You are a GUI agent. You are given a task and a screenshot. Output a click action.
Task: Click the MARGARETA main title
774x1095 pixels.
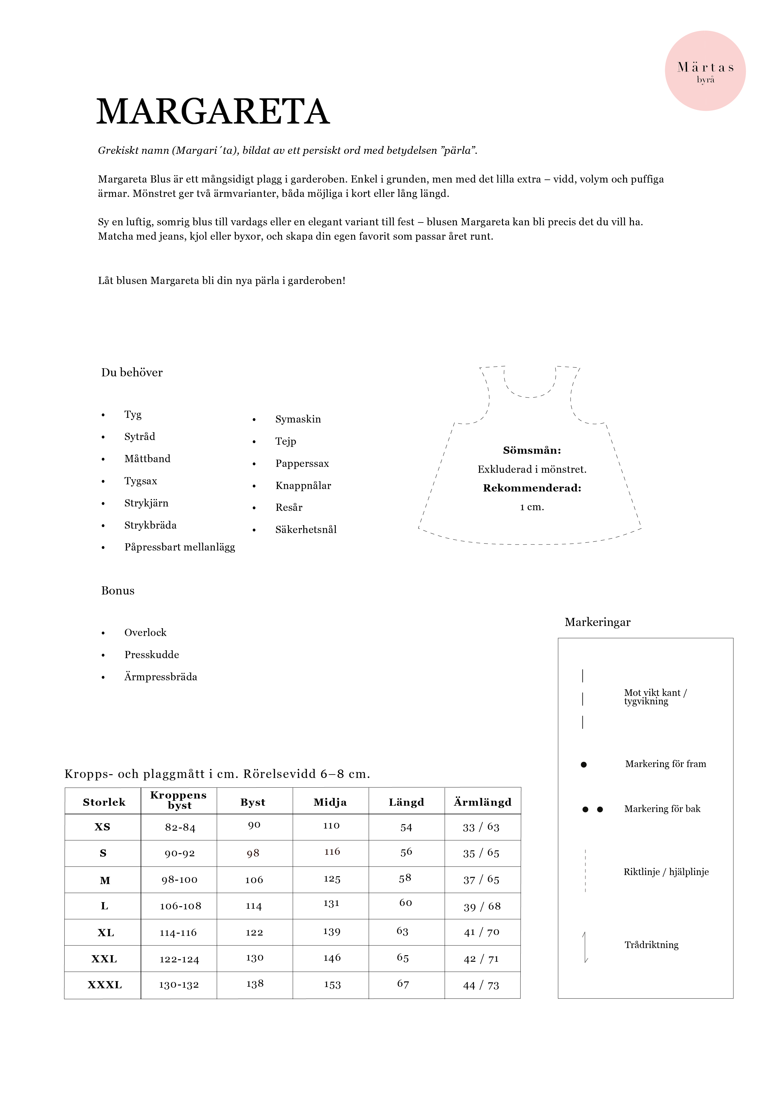pos(213,112)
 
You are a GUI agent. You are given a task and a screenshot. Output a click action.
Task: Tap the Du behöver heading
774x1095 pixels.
pos(132,373)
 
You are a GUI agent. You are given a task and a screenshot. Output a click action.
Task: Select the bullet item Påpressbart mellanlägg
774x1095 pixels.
pos(179,547)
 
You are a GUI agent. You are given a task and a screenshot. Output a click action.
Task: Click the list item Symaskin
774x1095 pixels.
pos(298,419)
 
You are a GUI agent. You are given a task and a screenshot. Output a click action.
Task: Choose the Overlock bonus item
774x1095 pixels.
pos(145,633)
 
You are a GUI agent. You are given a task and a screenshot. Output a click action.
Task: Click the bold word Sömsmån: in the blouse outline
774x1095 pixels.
pos(532,450)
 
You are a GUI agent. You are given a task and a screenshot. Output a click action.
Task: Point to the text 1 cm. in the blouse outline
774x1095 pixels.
pos(532,507)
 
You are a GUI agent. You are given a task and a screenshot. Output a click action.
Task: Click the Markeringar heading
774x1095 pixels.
pos(597,622)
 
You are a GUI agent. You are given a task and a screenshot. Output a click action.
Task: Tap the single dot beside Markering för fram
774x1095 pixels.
pos(583,765)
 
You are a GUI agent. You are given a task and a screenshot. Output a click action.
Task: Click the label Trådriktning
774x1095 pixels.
pos(651,945)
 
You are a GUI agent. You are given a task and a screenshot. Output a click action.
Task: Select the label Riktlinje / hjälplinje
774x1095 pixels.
pos(666,872)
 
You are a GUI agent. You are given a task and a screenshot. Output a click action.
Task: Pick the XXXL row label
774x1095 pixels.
pos(105,985)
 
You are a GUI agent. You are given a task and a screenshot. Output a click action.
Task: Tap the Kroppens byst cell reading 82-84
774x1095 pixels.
pos(180,828)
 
